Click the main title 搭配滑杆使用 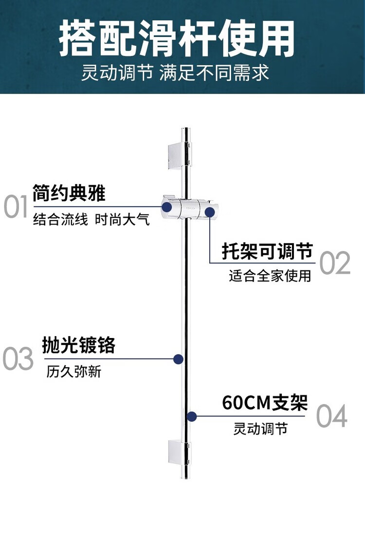pyautogui.click(x=177, y=38)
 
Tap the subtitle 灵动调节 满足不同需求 pyautogui.click(x=175, y=73)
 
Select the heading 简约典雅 pyautogui.click(x=69, y=193)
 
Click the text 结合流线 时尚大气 pyautogui.click(x=91, y=220)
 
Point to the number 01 pyautogui.click(x=16, y=207)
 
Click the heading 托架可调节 pyautogui.click(x=267, y=251)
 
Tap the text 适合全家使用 pyautogui.click(x=270, y=276)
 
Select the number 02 pyautogui.click(x=335, y=263)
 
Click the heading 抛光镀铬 pyautogui.click(x=78, y=345)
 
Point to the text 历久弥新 pyautogui.click(x=73, y=372)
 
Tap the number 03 pyautogui.click(x=18, y=359)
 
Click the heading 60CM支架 pyautogui.click(x=265, y=402)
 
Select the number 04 pyautogui.click(x=332, y=416)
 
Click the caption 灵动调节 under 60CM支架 pyautogui.click(x=260, y=429)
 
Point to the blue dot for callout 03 pyautogui.click(x=178, y=359)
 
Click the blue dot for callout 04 pyautogui.click(x=191, y=416)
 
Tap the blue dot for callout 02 pyautogui.click(x=210, y=212)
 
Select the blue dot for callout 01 pyautogui.click(x=167, y=207)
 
